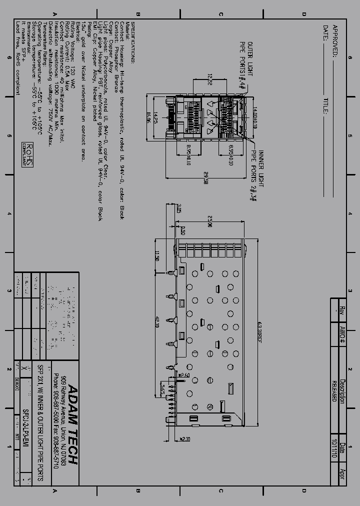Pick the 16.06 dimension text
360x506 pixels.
point(148,117)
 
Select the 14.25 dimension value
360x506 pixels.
point(155,117)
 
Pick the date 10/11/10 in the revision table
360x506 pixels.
point(334,449)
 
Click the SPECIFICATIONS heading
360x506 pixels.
point(133,42)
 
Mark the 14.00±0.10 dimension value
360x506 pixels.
point(254,118)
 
